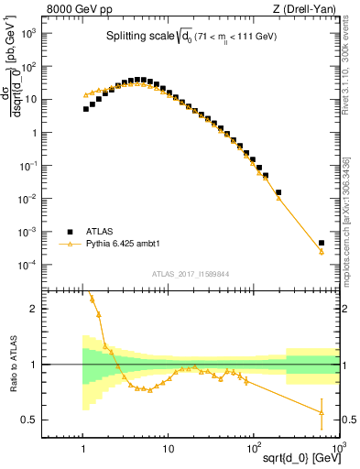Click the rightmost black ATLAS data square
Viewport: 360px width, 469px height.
[322, 244]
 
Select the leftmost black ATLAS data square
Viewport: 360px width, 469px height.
[86, 109]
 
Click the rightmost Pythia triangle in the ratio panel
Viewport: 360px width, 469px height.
[322, 412]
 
